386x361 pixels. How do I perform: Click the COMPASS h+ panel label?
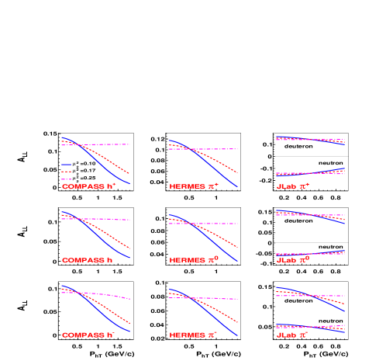(x=88, y=186)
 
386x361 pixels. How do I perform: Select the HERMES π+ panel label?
(x=194, y=186)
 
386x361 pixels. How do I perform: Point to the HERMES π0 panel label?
(x=194, y=260)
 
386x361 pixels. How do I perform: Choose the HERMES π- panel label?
(x=194, y=335)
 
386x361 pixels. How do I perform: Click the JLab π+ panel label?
(x=293, y=186)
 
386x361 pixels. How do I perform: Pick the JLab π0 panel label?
(x=293, y=260)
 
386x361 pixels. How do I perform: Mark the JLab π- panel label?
(x=293, y=335)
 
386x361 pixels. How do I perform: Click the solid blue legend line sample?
(x=67, y=165)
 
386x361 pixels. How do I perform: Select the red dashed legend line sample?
(x=67, y=172)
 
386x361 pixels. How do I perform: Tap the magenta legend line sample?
(x=67, y=179)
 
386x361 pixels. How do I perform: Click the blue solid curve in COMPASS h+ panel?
(x=101, y=164)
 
